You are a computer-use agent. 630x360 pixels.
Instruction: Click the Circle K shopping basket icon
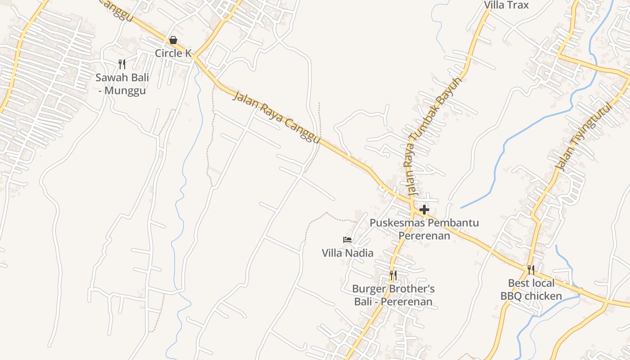pyautogui.click(x=173, y=40)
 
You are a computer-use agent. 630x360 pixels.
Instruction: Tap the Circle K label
pyautogui.click(x=173, y=53)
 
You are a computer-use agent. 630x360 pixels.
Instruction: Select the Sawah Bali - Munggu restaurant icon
pyautogui.click(x=122, y=64)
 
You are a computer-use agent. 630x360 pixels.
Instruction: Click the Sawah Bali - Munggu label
pyautogui.click(x=122, y=84)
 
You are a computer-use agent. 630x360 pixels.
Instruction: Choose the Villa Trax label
pyautogui.click(x=506, y=5)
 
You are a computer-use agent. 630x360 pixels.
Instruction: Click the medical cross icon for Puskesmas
pyautogui.click(x=424, y=210)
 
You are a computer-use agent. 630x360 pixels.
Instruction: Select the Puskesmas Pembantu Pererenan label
pyautogui.click(x=424, y=229)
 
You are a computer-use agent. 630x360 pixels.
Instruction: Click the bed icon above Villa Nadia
pyautogui.click(x=347, y=240)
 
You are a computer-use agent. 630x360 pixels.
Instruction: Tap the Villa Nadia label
pyautogui.click(x=347, y=253)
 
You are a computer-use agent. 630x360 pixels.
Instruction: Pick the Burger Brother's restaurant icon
pyautogui.click(x=393, y=275)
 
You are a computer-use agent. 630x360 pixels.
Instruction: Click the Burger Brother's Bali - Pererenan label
pyautogui.click(x=393, y=295)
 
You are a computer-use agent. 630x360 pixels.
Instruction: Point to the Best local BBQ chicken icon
pyautogui.click(x=531, y=270)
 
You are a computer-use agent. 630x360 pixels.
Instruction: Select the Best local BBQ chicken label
pyautogui.click(x=531, y=289)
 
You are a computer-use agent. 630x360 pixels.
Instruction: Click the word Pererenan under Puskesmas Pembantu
pyautogui.click(x=424, y=236)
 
